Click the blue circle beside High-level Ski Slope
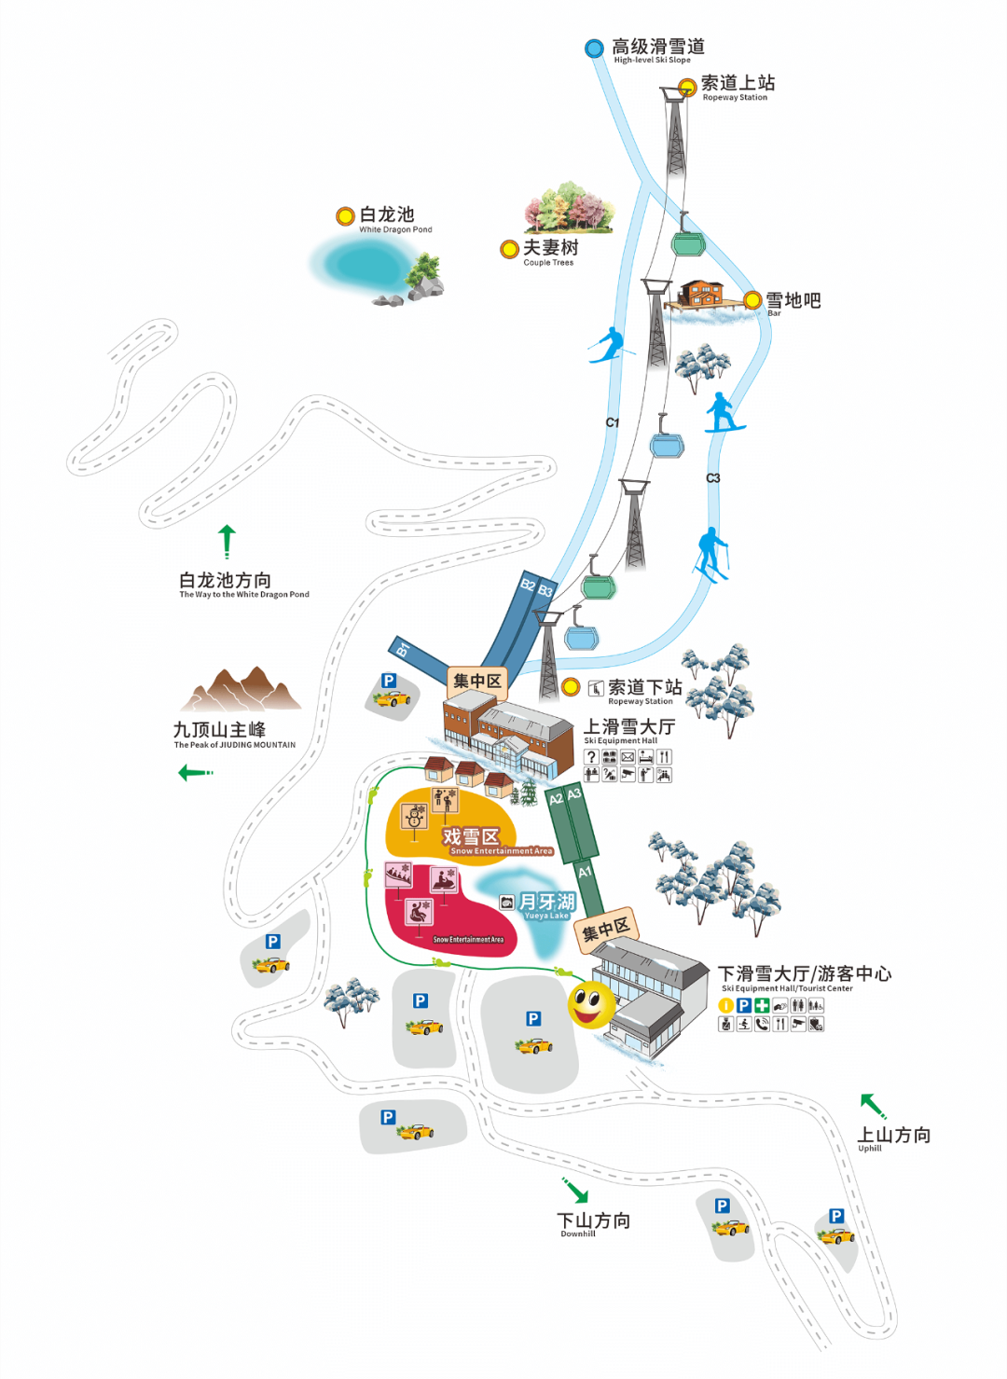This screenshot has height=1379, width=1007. (x=594, y=48)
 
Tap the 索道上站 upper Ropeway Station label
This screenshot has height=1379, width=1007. (x=738, y=86)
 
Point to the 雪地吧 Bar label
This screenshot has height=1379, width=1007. (x=793, y=302)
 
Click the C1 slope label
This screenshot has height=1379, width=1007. (x=613, y=422)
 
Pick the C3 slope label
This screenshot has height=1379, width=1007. (x=713, y=478)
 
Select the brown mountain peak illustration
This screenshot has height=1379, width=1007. (x=241, y=690)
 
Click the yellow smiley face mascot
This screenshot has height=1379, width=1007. (x=591, y=1004)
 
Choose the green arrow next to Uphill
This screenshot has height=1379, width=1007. (x=873, y=1106)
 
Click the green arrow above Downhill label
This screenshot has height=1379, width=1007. (x=575, y=1191)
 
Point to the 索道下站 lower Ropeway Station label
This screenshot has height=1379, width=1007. (x=644, y=690)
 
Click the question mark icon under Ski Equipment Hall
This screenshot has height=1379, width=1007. (x=591, y=757)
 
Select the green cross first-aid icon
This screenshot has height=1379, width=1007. (x=762, y=1005)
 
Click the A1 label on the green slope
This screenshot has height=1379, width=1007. (x=585, y=873)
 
